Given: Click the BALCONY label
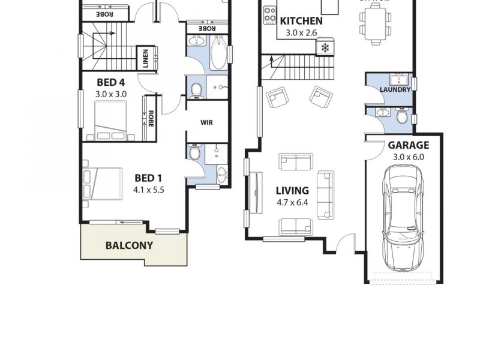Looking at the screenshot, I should point(129,245).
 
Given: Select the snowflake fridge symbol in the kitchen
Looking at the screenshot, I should point(326,47).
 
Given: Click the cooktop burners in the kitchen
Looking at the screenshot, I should point(269,14).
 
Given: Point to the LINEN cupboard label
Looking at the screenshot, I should point(145,58).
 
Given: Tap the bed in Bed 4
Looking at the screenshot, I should point(110,120).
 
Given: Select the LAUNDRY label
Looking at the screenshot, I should point(395,90).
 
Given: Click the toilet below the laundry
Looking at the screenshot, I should point(401,115).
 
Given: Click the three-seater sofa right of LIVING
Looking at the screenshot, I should point(325,195).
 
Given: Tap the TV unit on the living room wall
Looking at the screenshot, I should point(257,193).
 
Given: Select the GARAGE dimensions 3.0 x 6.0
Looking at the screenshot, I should point(408,157).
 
